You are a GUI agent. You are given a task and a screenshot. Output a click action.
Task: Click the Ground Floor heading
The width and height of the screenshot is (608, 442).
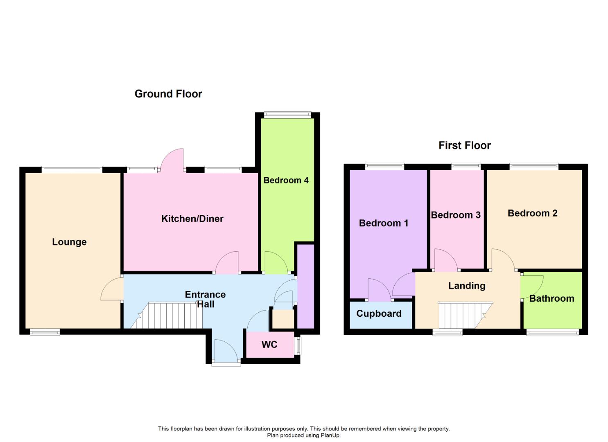pos(168,94)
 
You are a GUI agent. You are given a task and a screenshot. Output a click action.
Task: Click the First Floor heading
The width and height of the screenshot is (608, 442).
pos(464,145)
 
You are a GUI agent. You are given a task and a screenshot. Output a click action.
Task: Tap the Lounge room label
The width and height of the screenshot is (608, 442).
pos(69,242)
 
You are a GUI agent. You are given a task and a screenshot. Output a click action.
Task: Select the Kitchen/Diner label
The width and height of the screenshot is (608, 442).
pos(192,219)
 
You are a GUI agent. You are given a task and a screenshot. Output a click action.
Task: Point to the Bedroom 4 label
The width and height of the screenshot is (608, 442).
pos(286,180)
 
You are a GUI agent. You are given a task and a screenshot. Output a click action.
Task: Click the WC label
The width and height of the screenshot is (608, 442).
pos(269,345)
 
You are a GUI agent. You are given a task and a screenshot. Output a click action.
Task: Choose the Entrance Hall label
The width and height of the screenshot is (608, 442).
pos(205,299)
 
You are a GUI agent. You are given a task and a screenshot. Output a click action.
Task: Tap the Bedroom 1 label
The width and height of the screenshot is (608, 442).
pos(383,223)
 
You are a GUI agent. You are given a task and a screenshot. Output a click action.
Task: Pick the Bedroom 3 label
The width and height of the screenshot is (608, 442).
pos(455,215)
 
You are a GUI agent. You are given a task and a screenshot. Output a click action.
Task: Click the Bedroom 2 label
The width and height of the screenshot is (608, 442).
pos(532,213)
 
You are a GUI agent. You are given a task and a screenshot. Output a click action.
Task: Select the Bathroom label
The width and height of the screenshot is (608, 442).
pos(551,298)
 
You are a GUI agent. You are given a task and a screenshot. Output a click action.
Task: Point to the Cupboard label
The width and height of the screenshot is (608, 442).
pos(379,313)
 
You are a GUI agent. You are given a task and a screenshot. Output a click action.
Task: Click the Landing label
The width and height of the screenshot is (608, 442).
pos(467,286)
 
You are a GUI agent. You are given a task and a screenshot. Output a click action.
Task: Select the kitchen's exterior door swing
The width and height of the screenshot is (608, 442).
pos(173,160)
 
